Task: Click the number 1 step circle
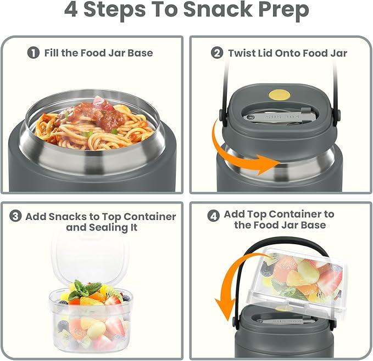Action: (34, 53)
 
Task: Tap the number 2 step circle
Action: (217, 53)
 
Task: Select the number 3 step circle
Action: (16, 216)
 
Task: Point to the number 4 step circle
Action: (214, 216)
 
